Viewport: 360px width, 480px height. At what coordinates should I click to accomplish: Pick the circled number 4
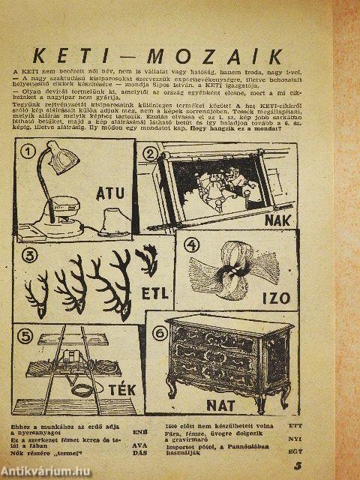click(193, 244)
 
